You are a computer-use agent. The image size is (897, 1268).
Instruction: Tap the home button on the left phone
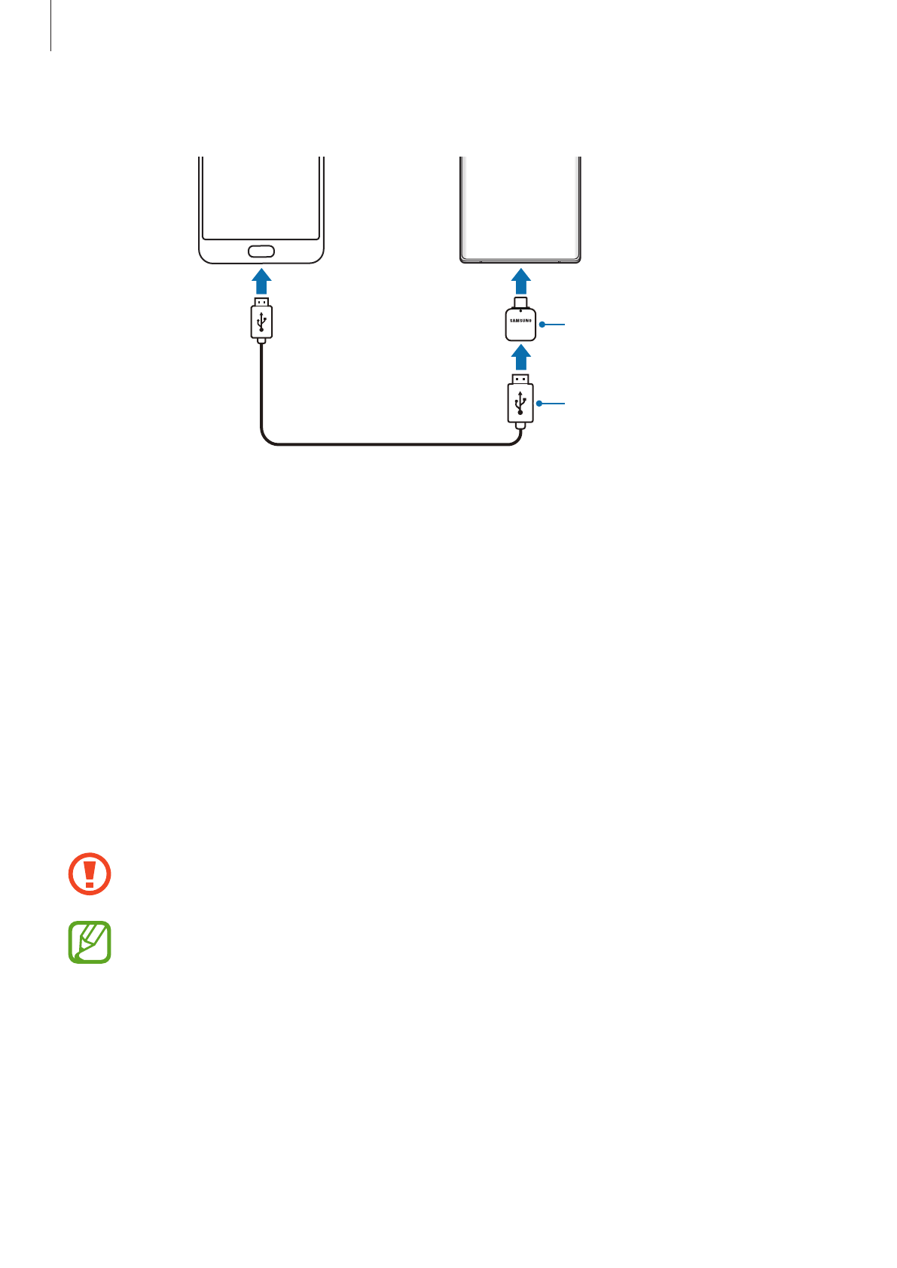tap(261, 251)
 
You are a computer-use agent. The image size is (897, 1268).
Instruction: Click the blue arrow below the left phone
tap(261, 282)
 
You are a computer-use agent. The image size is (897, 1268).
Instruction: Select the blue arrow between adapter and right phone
tap(520, 283)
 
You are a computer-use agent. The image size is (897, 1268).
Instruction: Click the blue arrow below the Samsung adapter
tap(520, 357)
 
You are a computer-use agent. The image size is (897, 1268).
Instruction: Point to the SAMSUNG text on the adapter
tap(520, 321)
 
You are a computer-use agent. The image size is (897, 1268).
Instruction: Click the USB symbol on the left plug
tap(261, 322)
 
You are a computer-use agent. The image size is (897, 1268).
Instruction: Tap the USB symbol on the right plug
tap(520, 404)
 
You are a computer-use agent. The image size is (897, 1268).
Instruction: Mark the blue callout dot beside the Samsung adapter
tap(542, 325)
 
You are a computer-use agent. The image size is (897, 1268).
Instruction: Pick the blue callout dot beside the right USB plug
tap(539, 404)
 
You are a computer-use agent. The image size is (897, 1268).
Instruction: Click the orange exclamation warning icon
tap(90, 874)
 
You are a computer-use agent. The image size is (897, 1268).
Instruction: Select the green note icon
tap(90, 942)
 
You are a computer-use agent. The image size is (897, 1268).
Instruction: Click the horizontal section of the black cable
tap(392, 445)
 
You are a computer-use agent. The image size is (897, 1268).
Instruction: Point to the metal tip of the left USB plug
tap(261, 302)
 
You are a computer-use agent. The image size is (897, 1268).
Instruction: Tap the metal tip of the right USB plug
tap(520, 378)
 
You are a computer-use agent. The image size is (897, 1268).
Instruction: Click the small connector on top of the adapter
tap(520, 303)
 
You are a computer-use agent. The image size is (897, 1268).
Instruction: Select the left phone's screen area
tap(261, 196)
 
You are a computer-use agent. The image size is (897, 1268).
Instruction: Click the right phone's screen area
tap(520, 203)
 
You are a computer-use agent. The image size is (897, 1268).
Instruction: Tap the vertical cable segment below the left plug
tap(261, 384)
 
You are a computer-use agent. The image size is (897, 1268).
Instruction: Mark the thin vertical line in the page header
tap(51, 26)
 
